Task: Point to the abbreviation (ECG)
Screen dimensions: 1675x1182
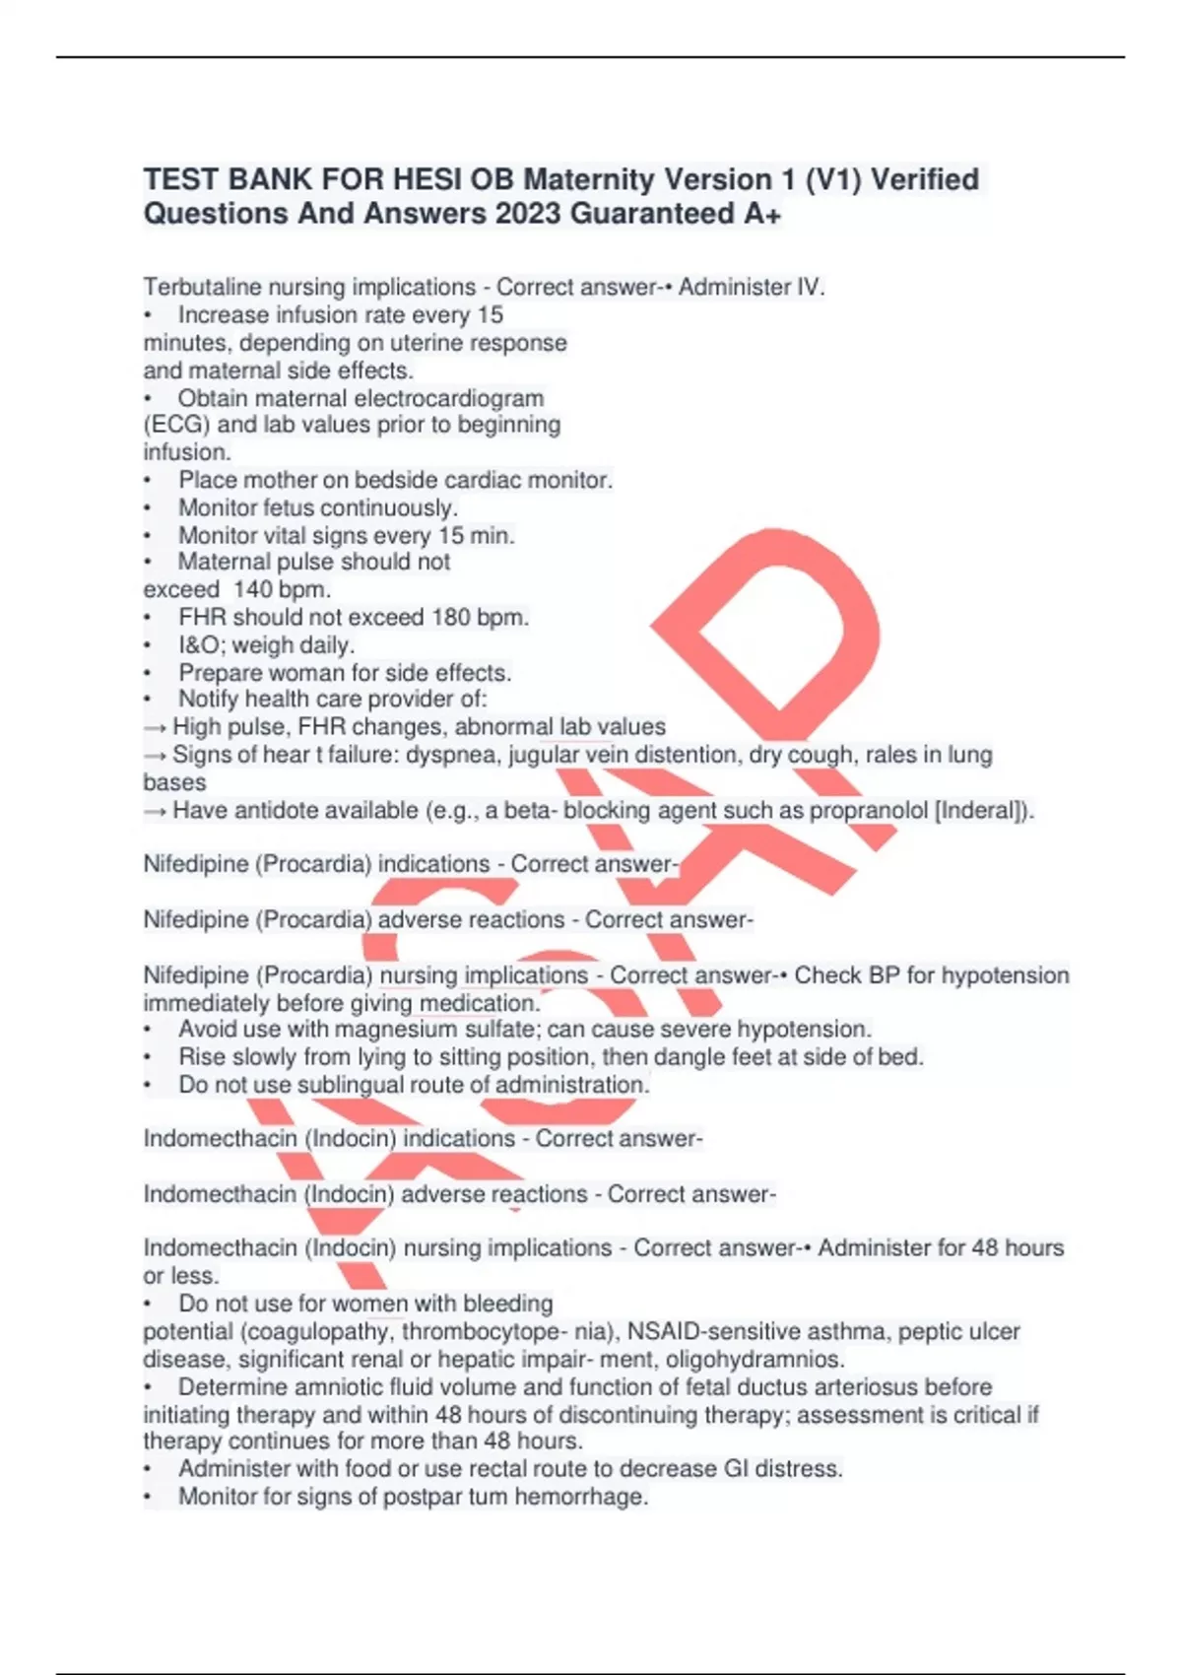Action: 176,425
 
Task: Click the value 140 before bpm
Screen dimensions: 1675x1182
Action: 252,590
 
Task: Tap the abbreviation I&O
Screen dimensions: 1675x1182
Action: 201,645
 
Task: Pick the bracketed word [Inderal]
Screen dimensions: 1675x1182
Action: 980,811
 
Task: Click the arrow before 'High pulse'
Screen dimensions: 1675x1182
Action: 155,727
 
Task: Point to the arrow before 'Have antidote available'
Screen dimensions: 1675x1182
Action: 155,811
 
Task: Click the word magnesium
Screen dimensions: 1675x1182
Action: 398,1030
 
